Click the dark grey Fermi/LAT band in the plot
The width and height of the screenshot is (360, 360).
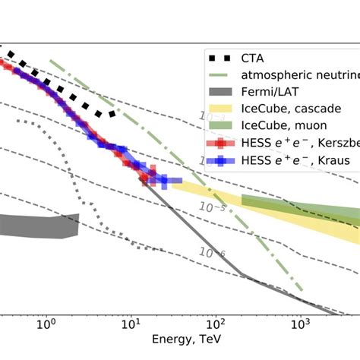pyautogui.click(x=38, y=226)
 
